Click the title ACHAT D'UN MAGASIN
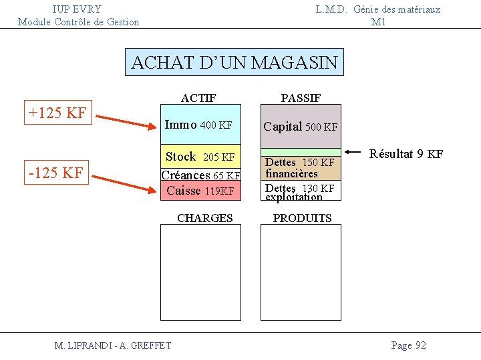point(234,63)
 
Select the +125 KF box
point(57,113)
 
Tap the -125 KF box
point(56,173)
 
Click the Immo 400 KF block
point(200,125)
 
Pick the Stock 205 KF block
point(200,157)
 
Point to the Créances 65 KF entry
point(200,175)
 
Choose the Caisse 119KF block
point(200,191)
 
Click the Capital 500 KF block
point(301,126)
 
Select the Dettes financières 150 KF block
point(300,168)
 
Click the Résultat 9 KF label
point(406,155)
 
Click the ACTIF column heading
point(198,98)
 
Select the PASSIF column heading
point(301,98)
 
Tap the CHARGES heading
point(204,218)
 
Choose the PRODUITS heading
point(302,218)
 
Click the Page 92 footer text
point(408,345)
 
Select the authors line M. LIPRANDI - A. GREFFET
point(113,345)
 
